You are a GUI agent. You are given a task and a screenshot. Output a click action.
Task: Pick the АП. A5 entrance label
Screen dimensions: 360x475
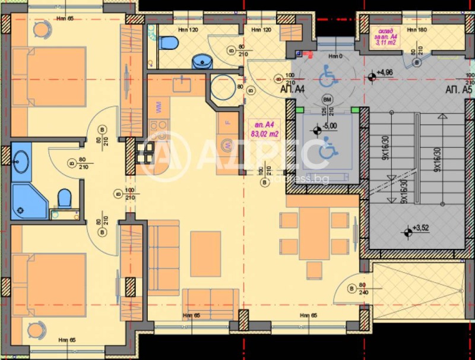point(458,90)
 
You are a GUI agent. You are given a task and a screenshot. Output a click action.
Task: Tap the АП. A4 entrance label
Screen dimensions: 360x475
point(292,90)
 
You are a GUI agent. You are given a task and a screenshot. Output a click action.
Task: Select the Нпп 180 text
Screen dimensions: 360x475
point(418,29)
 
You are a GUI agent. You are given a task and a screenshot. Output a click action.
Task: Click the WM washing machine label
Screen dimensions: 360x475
point(159,107)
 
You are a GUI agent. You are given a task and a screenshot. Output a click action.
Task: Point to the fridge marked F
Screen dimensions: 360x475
point(227,124)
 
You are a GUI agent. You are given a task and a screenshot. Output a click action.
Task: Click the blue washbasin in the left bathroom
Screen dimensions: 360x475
point(21,160)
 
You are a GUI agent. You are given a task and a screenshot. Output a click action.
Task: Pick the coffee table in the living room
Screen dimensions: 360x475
point(205,254)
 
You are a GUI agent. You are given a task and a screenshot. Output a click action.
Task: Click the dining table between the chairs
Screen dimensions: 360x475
point(314,233)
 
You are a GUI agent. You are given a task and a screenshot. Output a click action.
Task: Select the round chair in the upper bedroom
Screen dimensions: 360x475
point(42,29)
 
